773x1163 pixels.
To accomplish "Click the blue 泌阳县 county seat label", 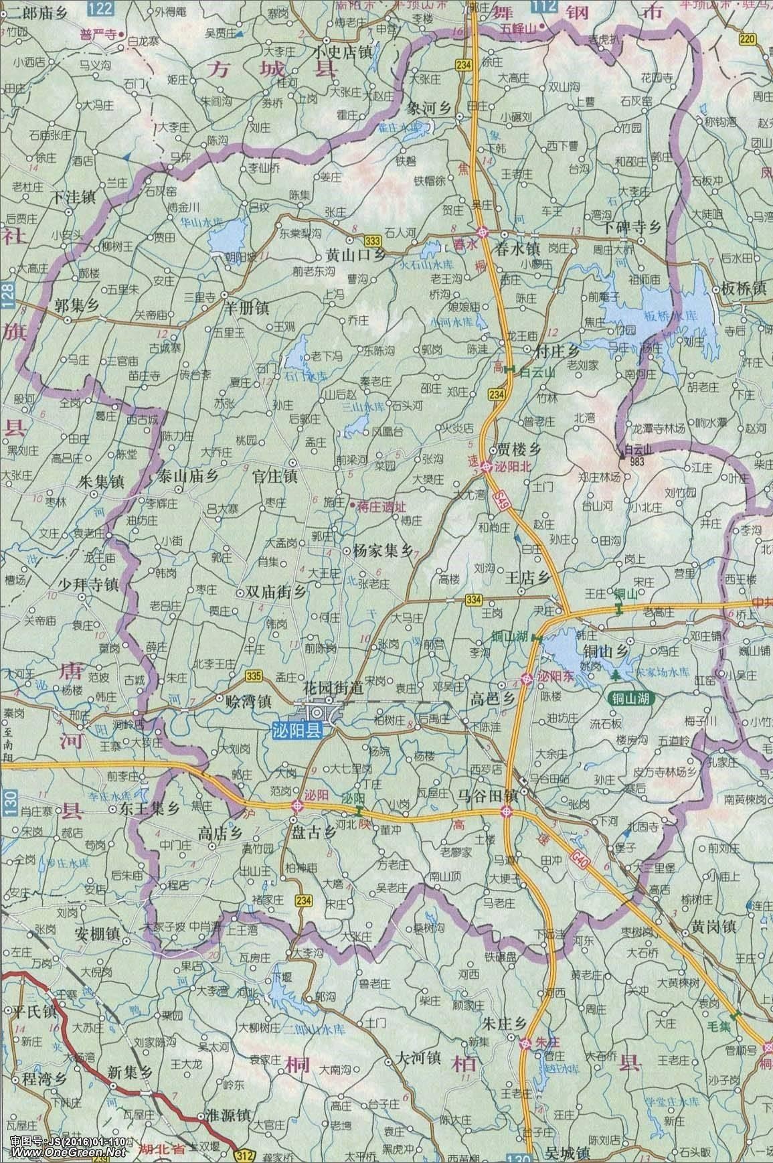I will (298, 732).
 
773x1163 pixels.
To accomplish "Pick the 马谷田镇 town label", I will (488, 795).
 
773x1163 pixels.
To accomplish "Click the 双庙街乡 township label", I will (276, 593).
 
